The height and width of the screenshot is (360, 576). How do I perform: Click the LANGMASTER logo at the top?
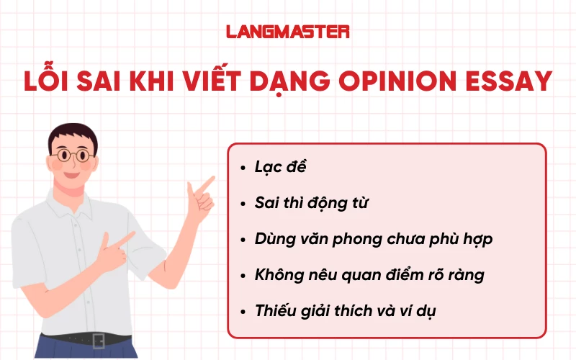pyautogui.click(x=288, y=32)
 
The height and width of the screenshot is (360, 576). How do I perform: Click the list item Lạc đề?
pyautogui.click(x=281, y=166)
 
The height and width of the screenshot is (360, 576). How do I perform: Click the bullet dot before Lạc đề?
pyautogui.click(x=243, y=168)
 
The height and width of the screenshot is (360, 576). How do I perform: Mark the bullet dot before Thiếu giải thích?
pyautogui.click(x=243, y=312)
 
